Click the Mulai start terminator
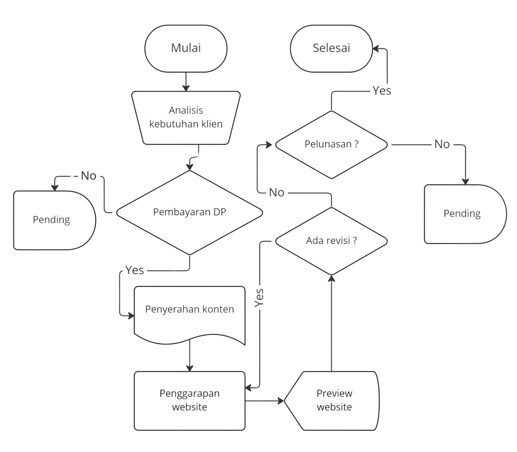point(186,49)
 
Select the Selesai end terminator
point(331,49)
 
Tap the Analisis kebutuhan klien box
point(186,118)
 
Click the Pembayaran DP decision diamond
point(190,213)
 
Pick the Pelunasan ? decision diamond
point(331,145)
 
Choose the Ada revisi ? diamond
point(331,241)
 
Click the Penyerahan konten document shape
point(190,315)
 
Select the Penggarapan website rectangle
point(190,401)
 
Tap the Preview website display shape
point(332,401)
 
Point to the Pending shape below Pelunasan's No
point(465,214)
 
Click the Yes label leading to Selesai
point(382,91)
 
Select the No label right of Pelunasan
point(442,144)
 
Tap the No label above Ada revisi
point(277,193)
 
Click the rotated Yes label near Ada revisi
point(259,298)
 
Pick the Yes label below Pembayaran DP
point(135,270)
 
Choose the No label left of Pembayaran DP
point(89,176)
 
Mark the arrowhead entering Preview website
point(281,401)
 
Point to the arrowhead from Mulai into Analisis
point(186,88)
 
